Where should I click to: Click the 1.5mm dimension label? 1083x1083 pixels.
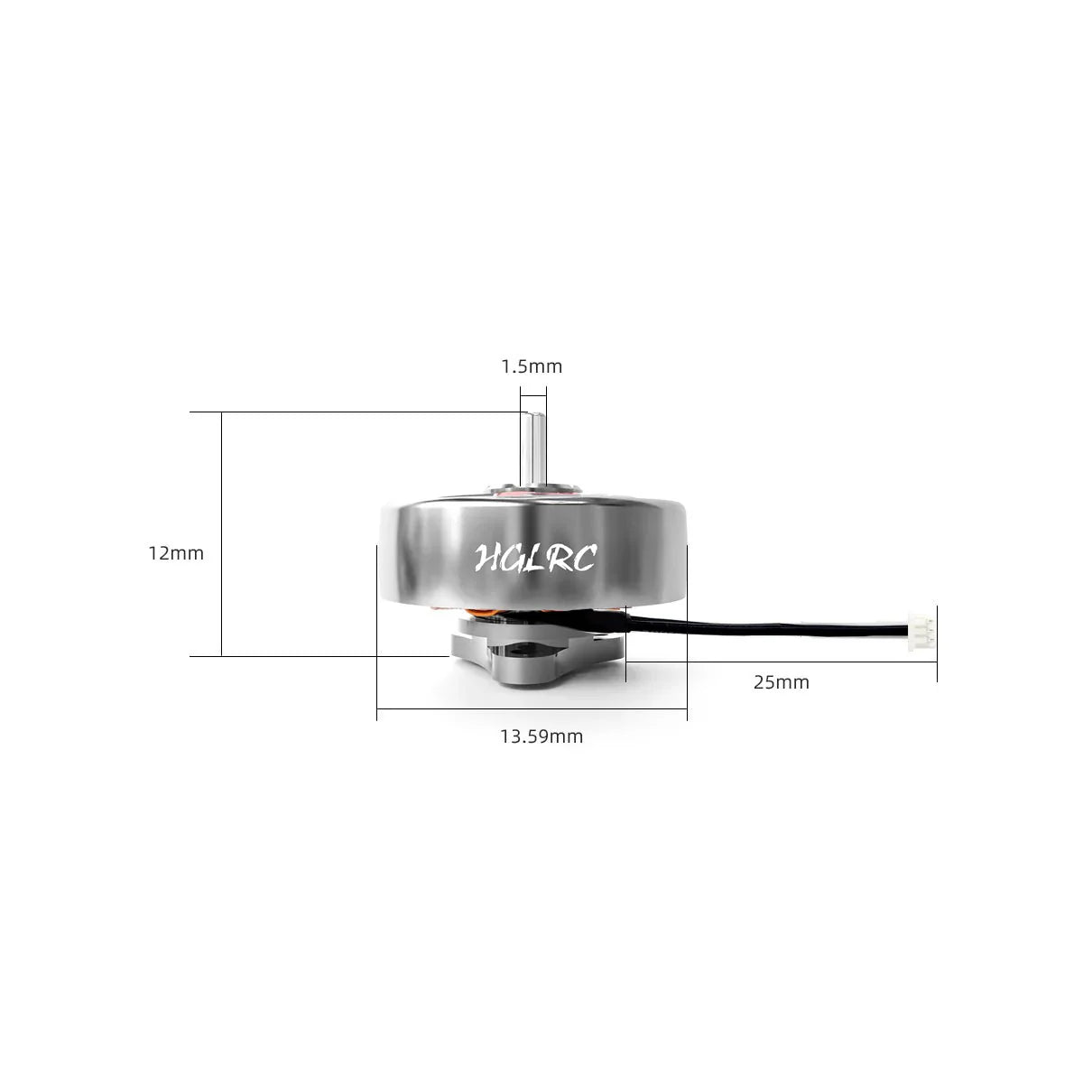[532, 366]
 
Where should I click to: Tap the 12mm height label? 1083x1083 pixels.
[176, 553]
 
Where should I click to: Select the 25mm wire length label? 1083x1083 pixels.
[782, 682]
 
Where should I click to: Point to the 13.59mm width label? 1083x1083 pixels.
[541, 736]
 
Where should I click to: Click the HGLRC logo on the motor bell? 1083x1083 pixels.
[534, 558]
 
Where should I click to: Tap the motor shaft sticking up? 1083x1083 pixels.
[532, 447]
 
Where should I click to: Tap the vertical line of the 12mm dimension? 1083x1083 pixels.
[221, 532]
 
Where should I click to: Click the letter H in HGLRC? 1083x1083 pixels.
[488, 558]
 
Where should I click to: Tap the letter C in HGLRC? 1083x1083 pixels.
[582, 560]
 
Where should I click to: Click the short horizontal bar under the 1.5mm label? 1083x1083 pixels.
[532, 394]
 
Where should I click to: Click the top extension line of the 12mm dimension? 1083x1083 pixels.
[361, 412]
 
